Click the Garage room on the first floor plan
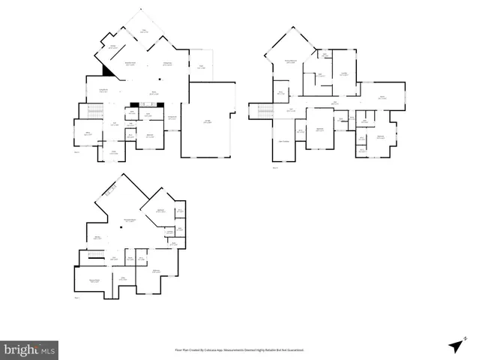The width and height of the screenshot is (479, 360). point(208,121)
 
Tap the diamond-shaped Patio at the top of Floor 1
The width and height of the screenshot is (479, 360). point(144,30)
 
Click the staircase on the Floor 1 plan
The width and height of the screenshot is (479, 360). point(94,112)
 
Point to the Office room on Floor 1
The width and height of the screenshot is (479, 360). point(87,133)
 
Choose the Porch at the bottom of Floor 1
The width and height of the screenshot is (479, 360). point(114,153)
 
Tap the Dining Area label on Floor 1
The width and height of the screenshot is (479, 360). point(168,63)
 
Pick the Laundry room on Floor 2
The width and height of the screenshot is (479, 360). point(343,73)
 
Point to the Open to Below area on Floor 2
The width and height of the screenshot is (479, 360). point(284,141)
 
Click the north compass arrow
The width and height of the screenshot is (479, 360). point(456,344)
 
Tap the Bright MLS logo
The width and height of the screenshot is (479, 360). point(29,349)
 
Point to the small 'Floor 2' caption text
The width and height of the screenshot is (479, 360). point(275,168)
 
